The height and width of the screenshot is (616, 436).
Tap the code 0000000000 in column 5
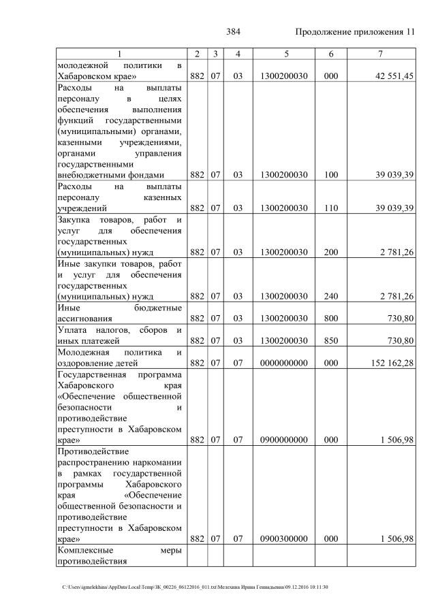point(283,362)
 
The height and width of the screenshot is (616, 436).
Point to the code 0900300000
point(283,538)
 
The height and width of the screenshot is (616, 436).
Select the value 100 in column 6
point(331,175)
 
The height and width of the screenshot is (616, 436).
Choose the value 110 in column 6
point(331,208)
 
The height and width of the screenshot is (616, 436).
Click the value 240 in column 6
point(331,296)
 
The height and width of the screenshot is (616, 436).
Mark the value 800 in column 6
point(331,318)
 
